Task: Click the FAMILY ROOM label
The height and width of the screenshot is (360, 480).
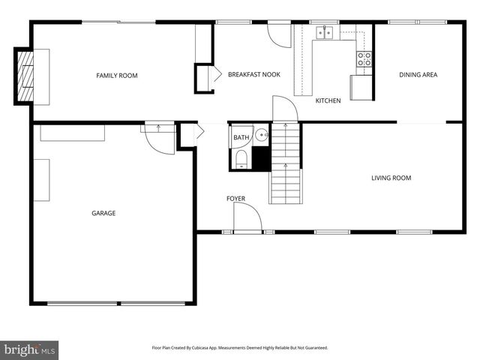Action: pyautogui.click(x=116, y=75)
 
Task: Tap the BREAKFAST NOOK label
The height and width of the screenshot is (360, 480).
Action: pyautogui.click(x=254, y=75)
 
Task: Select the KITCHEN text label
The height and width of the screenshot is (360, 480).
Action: pyautogui.click(x=328, y=100)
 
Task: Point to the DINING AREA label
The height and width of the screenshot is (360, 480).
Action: pyautogui.click(x=418, y=75)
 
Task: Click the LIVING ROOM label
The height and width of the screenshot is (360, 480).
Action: pyautogui.click(x=391, y=178)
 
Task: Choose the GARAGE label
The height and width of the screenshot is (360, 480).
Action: pyautogui.click(x=103, y=214)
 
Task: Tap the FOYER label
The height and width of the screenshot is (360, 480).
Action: pyautogui.click(x=235, y=199)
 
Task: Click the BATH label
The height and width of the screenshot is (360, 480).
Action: pyautogui.click(x=241, y=137)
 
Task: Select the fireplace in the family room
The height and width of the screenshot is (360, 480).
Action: pyautogui.click(x=26, y=76)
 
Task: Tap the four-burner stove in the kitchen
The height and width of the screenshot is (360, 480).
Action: pyautogui.click(x=364, y=59)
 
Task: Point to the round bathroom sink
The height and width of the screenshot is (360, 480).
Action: pyautogui.click(x=261, y=136)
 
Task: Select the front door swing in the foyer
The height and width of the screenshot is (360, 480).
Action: pyautogui.click(x=247, y=219)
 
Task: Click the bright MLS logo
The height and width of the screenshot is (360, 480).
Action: pyautogui.click(x=29, y=349)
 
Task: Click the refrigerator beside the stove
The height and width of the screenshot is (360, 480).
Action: pyautogui.click(x=361, y=87)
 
